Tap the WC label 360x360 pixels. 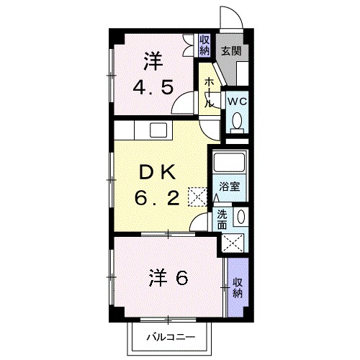click(237, 102)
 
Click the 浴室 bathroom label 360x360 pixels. click(230, 186)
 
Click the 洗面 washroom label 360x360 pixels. click(222, 219)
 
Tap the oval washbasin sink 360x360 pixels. click(240, 217)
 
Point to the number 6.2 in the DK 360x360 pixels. click(158, 197)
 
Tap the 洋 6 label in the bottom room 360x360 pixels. click(169, 277)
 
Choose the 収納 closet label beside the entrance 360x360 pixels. click(204, 45)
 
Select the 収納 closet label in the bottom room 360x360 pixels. click(237, 285)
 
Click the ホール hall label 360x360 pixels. click(208, 93)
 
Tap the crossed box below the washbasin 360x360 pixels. click(233, 243)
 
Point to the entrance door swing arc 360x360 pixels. click(229, 16)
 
